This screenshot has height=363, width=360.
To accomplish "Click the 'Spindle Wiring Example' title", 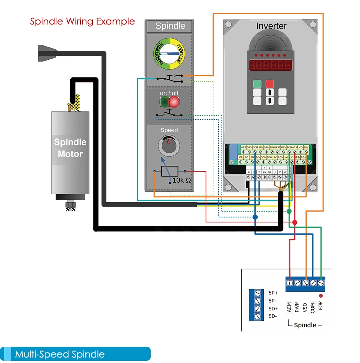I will [82, 21].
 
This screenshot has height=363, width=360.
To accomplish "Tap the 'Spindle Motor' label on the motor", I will [70, 148].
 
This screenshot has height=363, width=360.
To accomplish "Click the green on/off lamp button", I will [164, 101].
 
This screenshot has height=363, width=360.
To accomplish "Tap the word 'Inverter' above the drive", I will [271, 26].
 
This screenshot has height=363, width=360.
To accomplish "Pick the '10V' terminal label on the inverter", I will [306, 147].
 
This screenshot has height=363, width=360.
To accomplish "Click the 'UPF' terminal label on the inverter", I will [244, 147].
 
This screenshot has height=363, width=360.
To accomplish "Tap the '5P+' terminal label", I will [274, 292].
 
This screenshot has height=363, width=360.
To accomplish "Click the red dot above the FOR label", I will [321, 296].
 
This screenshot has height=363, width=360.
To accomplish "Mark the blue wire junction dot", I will [255, 217].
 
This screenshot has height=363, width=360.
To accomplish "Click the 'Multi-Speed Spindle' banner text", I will [60, 354].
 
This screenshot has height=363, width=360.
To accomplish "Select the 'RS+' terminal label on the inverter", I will [303, 157].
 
